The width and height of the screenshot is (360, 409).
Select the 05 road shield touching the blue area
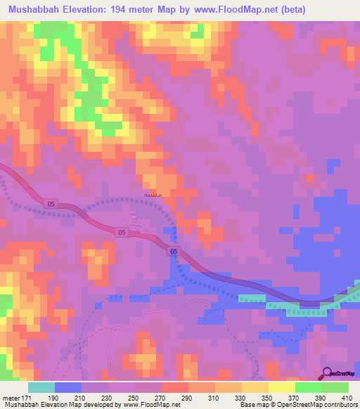point(174,250)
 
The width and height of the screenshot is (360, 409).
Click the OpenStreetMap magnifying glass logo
point(328,373)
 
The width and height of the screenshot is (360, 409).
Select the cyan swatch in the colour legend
point(41,387)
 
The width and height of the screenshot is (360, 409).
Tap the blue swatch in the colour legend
point(67,387)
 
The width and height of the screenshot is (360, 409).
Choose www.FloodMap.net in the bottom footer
point(148,404)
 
